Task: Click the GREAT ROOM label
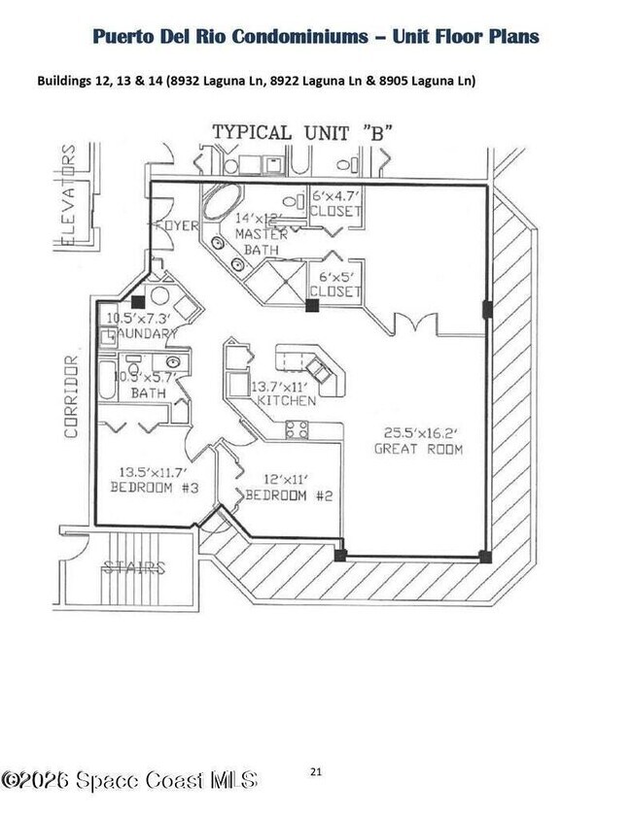coord(420,449)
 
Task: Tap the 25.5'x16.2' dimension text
coord(419,433)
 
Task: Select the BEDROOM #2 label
coord(289,495)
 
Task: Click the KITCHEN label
coord(285,400)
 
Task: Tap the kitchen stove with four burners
coord(297,429)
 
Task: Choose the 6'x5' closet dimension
coord(335,276)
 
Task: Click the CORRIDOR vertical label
coord(71,396)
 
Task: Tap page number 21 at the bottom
coord(316,771)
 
